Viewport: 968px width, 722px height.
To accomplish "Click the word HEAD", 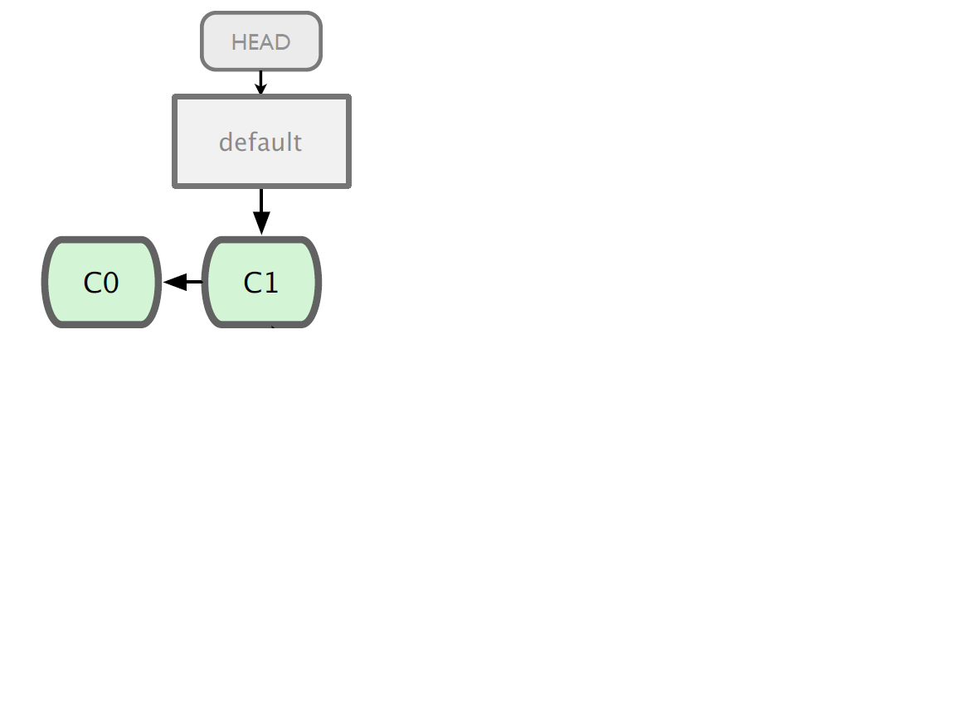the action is click(x=260, y=42).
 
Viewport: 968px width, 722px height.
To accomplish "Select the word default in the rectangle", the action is click(x=260, y=143).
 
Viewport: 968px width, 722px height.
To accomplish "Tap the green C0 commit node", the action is click(x=102, y=282).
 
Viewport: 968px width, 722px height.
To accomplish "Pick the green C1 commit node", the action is click(x=262, y=282).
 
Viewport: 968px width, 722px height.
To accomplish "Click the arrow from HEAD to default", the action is click(x=260, y=83).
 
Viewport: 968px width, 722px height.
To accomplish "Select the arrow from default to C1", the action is click(x=261, y=211).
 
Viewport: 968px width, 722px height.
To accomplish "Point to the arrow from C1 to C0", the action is click(x=182, y=282).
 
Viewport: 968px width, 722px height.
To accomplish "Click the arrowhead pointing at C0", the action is click(x=175, y=282).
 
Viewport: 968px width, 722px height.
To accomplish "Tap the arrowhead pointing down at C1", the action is click(x=261, y=223).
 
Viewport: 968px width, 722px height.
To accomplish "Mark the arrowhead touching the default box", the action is click(x=260, y=90).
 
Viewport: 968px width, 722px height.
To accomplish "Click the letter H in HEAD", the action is click(x=238, y=42).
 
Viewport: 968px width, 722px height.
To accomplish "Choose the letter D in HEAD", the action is click(x=283, y=42).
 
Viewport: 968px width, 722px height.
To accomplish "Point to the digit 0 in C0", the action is click(x=110, y=283).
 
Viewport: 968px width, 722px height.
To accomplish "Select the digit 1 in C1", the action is click(x=271, y=283).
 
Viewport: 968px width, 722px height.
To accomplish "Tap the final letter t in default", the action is click(x=298, y=143).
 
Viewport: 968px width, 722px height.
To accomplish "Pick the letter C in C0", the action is click(x=92, y=283).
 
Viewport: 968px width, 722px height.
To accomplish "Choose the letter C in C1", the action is click(x=252, y=283).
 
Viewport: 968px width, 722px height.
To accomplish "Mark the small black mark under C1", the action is click(x=272, y=327).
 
